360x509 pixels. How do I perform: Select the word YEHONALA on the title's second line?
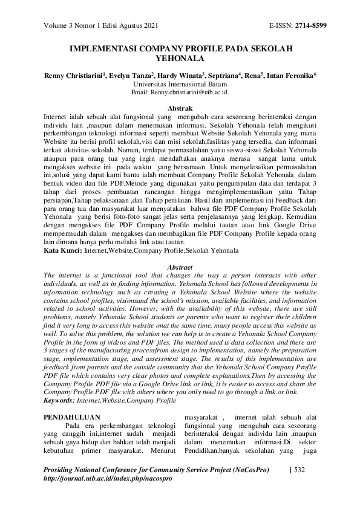[x=180, y=59]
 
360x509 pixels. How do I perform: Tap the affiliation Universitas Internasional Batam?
[x=180, y=85]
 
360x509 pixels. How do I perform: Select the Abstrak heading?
[x=180, y=107]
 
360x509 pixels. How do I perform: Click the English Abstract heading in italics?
[x=180, y=267]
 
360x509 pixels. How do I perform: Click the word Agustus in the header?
[x=131, y=25]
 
